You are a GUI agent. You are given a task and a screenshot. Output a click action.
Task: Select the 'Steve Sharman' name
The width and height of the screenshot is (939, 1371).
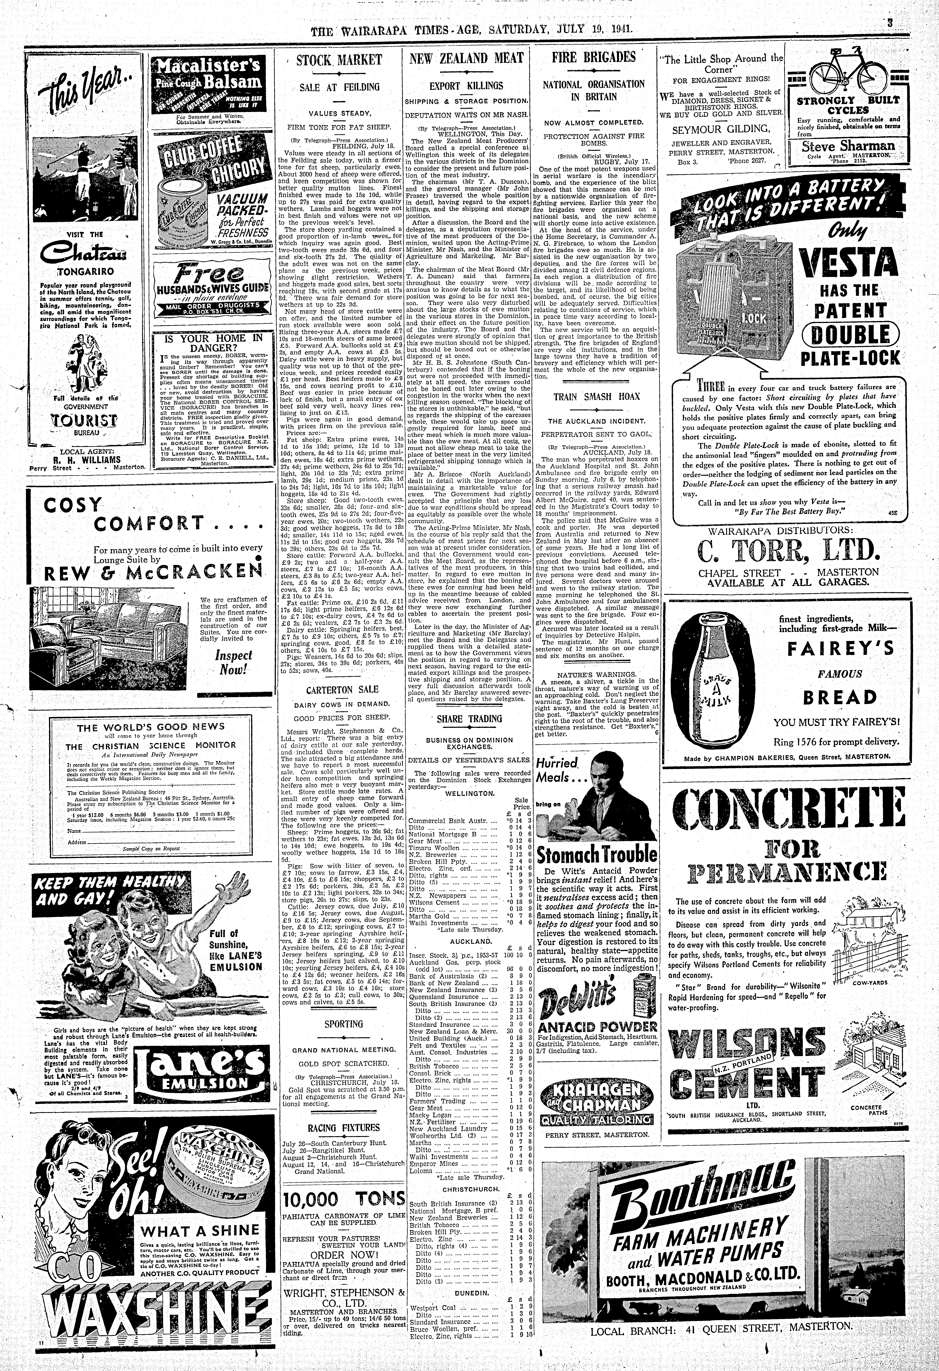click(x=850, y=146)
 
